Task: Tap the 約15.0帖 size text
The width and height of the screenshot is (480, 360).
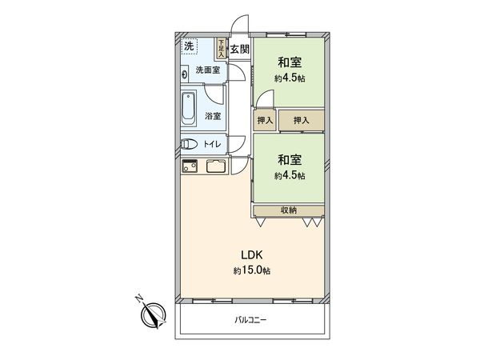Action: [252, 271]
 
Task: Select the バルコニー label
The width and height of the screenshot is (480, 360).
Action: [251, 320]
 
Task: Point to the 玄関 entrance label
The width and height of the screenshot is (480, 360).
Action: [239, 50]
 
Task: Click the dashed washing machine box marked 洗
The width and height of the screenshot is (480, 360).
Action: [189, 46]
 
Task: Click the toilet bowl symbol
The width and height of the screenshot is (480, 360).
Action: [189, 145]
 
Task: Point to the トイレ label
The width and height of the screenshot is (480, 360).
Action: [212, 145]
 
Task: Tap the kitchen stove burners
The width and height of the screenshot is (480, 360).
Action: [190, 167]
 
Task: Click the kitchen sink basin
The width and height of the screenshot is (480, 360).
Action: [216, 167]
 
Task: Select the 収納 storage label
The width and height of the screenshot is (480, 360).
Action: [289, 210]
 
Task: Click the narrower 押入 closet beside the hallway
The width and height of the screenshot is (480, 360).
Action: [265, 121]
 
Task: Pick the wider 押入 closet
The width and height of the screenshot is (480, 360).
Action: [302, 121]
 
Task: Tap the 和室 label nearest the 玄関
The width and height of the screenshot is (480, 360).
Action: [289, 62]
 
